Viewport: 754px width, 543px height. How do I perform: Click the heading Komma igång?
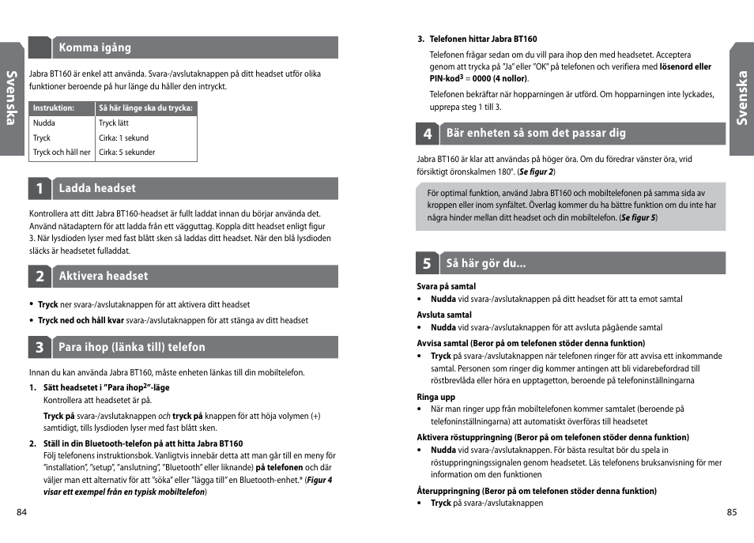click(95, 47)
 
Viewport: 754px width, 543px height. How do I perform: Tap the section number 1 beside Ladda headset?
click(40, 189)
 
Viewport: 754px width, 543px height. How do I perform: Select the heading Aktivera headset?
click(103, 276)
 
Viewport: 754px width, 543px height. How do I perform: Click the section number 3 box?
click(40, 348)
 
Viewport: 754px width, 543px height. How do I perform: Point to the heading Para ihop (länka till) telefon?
click(131, 347)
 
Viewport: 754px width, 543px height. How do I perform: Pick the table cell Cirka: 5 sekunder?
click(127, 153)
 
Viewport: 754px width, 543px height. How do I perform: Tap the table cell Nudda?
click(44, 123)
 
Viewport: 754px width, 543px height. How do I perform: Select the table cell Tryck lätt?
click(114, 123)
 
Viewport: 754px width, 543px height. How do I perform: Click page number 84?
click(22, 512)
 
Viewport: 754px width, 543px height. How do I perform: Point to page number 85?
click(731, 512)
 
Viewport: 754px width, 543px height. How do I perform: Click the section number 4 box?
click(428, 134)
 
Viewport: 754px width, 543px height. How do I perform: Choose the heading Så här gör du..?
click(486, 263)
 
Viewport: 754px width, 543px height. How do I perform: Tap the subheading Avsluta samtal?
click(444, 315)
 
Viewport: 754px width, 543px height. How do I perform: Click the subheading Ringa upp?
click(436, 397)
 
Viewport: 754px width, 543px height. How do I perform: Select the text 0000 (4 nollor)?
click(500, 79)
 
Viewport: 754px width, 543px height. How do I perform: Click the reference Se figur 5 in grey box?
click(639, 217)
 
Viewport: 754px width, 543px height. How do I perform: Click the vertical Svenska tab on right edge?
click(741, 99)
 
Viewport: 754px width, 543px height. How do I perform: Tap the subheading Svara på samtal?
click(447, 286)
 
